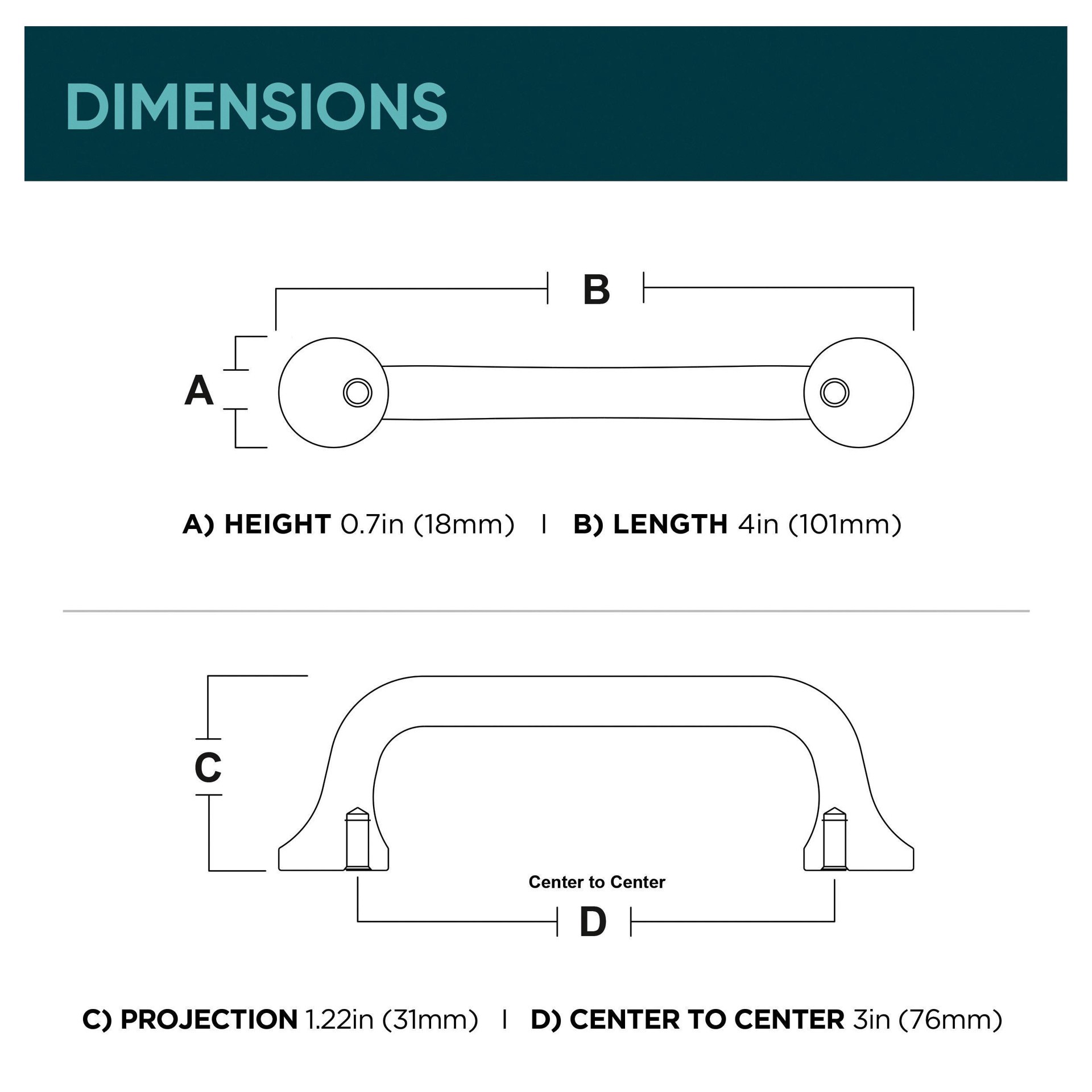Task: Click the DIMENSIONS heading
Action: coord(257,106)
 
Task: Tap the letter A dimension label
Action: coord(199,391)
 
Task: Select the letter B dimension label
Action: coord(596,290)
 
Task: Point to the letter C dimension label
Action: coord(208,767)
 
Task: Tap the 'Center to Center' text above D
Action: coord(597,882)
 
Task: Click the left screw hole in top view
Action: coord(358,392)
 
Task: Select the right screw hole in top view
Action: coord(834,392)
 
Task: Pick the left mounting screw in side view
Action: coord(358,839)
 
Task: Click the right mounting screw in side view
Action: coord(834,839)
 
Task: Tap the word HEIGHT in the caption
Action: coord(278,524)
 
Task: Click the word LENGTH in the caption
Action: coord(670,524)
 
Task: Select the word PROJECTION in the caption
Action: coord(209,1020)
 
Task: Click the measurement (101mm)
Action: coord(845,524)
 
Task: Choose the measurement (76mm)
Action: coord(950,1020)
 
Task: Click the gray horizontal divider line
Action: coord(546,611)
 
